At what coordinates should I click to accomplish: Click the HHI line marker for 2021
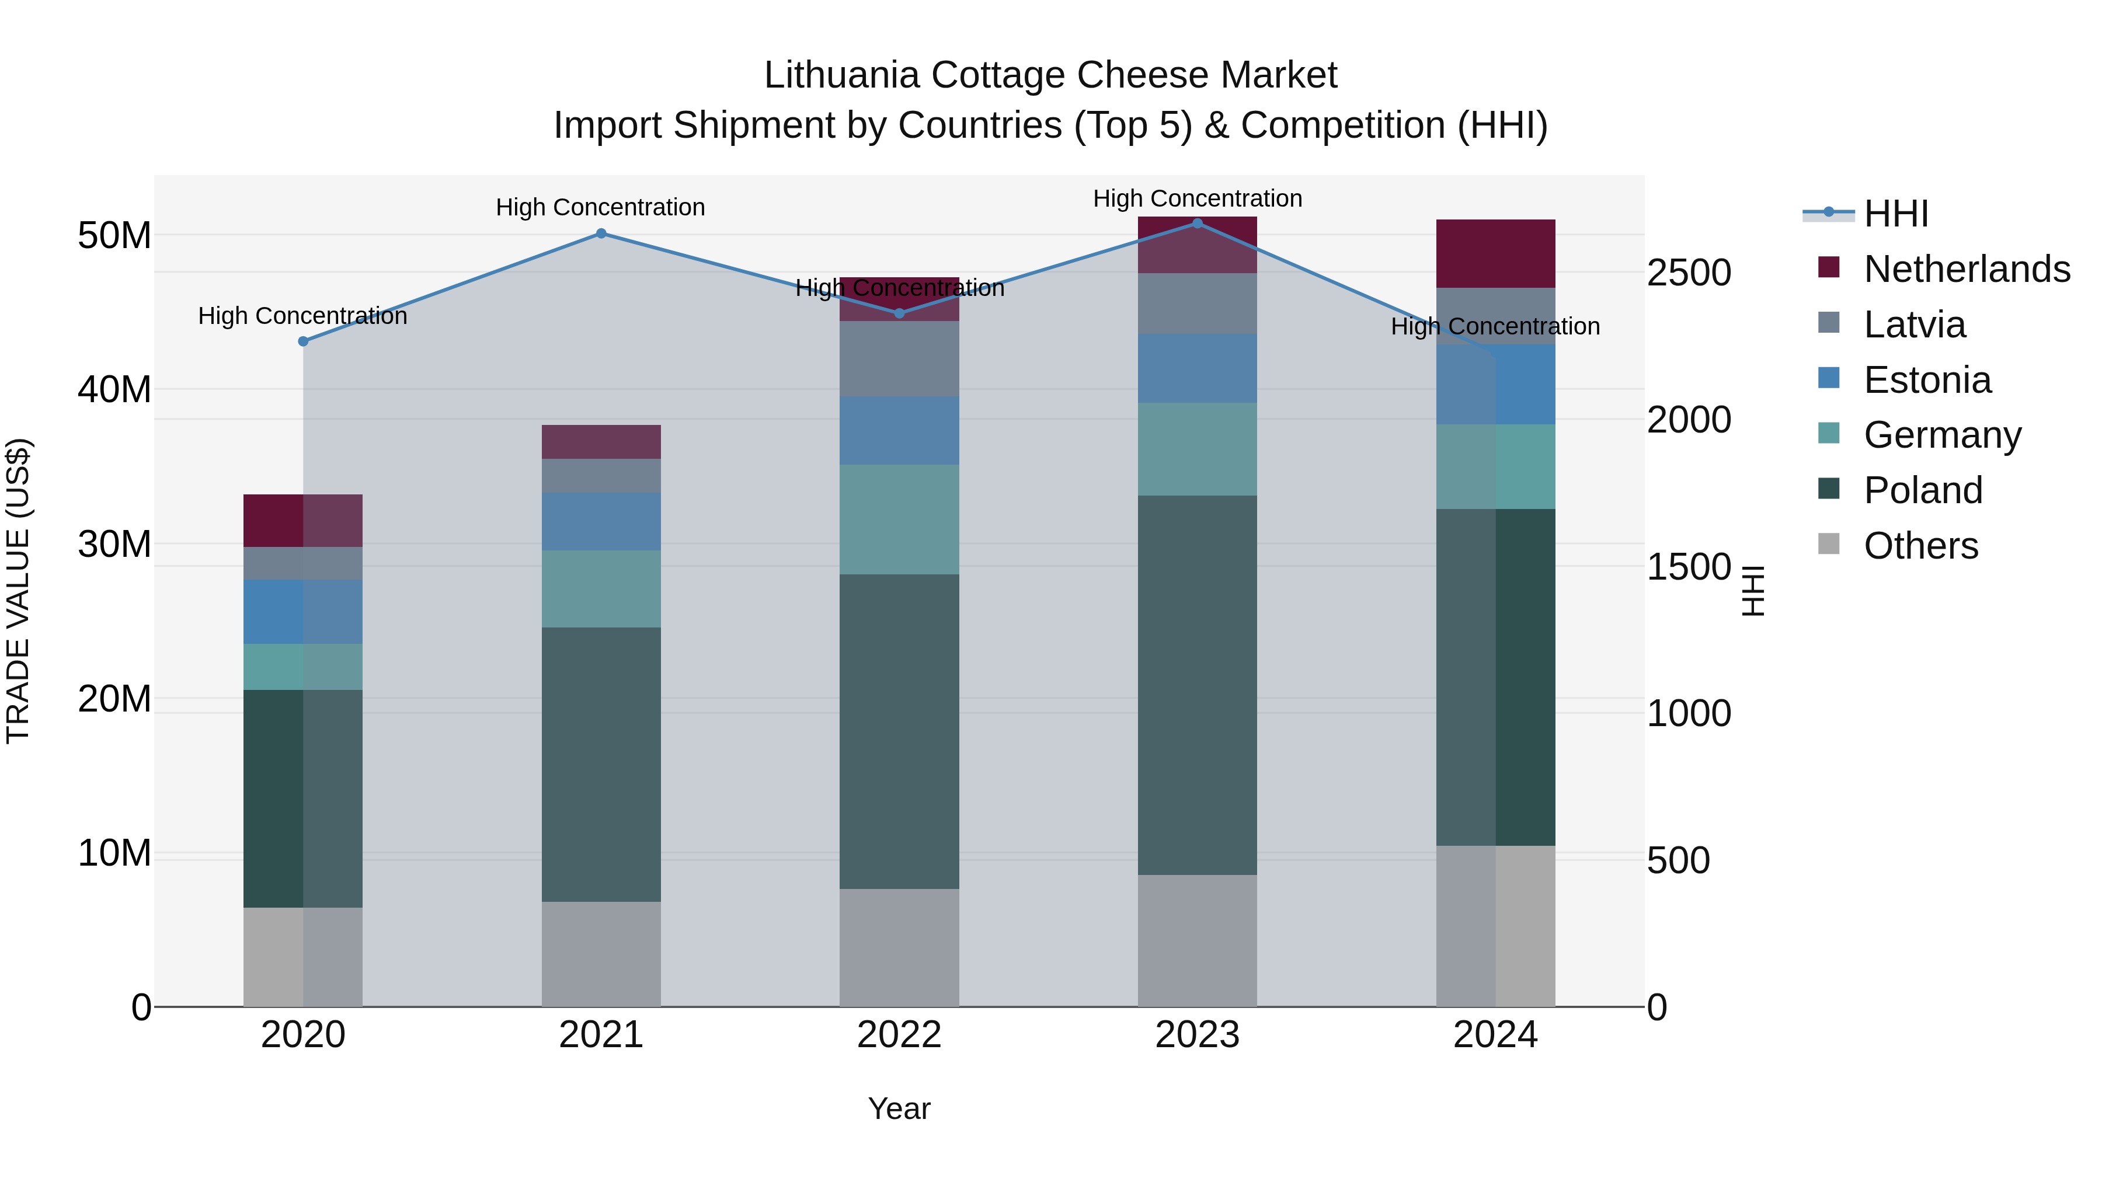601,233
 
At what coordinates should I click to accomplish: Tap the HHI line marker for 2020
302,341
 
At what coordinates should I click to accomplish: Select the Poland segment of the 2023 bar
1197,685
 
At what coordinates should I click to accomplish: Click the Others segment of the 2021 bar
601,954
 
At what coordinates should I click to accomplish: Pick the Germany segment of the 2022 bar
899,519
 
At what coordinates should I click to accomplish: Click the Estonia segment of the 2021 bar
601,521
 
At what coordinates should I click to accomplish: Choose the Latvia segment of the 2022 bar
899,359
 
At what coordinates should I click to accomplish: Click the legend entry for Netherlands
1967,269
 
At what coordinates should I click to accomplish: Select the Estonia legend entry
1927,380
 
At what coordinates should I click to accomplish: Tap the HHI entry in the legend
1895,214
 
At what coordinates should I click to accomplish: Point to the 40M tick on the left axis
114,390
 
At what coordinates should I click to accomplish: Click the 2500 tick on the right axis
1688,273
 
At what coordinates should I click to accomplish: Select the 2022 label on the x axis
899,1035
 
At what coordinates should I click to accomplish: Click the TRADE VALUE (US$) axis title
18,591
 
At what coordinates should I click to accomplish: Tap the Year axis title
899,1108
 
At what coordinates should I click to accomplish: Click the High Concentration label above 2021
601,207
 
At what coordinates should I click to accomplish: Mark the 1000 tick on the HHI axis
1688,714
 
